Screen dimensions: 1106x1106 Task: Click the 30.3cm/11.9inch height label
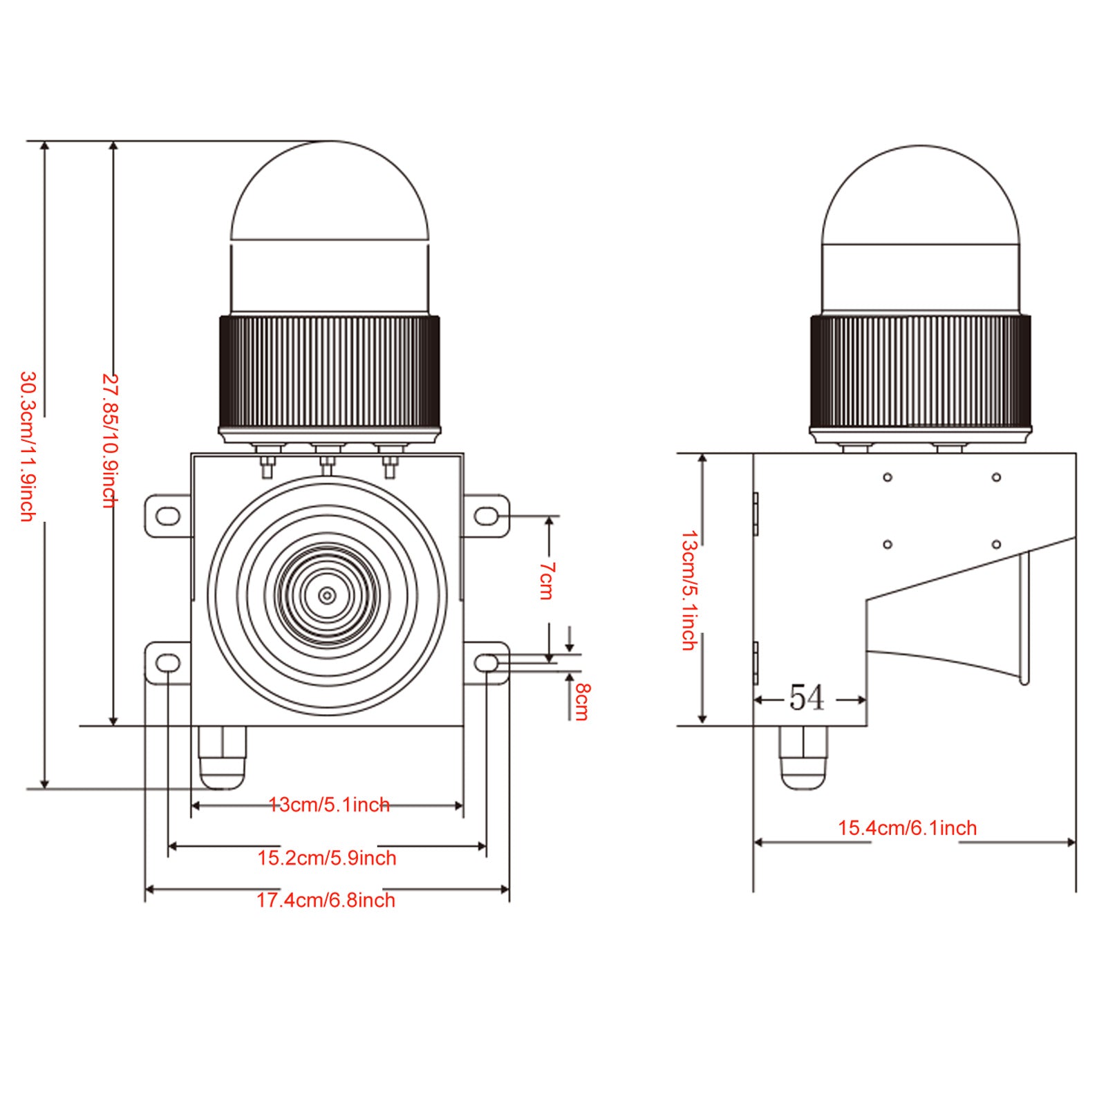(28, 446)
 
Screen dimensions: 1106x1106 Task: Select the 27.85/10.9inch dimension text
(111, 441)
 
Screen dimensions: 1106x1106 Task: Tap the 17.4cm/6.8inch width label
(326, 900)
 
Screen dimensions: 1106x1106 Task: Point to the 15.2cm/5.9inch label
(327, 858)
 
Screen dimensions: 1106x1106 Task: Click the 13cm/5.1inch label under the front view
(329, 805)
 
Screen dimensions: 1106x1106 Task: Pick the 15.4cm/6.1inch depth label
(907, 827)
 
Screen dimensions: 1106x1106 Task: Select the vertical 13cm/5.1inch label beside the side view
(689, 590)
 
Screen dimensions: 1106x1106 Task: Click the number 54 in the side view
(807, 698)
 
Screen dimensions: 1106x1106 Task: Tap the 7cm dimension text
(547, 581)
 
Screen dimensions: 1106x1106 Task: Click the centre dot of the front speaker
(327, 595)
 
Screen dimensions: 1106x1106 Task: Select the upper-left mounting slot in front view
(168, 516)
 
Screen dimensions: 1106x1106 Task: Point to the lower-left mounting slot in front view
(168, 664)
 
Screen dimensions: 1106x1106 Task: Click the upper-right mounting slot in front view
(486, 516)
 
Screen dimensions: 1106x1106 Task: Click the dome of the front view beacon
(330, 194)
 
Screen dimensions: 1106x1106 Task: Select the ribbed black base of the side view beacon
(920, 371)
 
